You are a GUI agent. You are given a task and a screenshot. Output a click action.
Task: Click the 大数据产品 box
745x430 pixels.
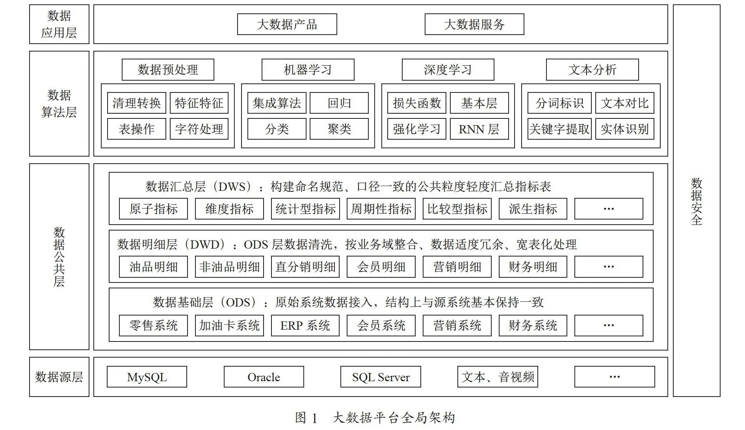pyautogui.click(x=287, y=24)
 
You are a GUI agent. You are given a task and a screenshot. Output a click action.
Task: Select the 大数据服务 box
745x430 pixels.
pyautogui.click(x=474, y=24)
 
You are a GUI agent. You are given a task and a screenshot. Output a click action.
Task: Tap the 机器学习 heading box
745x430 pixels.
pyautogui.click(x=308, y=70)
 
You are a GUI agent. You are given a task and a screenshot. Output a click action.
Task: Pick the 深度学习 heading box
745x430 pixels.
pyautogui.click(x=448, y=70)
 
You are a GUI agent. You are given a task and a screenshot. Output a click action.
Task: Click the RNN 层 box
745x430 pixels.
pyautogui.click(x=479, y=129)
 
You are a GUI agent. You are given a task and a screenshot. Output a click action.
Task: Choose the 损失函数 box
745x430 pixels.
pyautogui.click(x=416, y=103)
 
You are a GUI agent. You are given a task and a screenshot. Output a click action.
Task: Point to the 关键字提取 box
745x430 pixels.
pyautogui.click(x=559, y=129)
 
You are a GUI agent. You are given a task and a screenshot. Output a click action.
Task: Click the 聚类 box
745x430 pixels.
pyautogui.click(x=339, y=129)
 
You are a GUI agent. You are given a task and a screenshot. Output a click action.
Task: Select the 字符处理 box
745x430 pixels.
pyautogui.click(x=199, y=129)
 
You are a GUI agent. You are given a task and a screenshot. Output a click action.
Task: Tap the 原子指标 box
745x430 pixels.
pyautogui.click(x=153, y=209)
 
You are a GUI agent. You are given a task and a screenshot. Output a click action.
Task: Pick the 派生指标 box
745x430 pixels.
pyautogui.click(x=533, y=209)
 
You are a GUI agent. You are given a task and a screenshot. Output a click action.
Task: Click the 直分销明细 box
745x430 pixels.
pyautogui.click(x=305, y=267)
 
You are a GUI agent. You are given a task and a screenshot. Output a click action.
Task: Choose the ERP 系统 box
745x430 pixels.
pyautogui.click(x=305, y=325)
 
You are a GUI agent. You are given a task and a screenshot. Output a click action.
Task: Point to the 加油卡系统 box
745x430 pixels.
pyautogui.click(x=229, y=325)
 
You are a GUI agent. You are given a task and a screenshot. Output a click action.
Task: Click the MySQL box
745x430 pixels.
pyautogui.click(x=147, y=377)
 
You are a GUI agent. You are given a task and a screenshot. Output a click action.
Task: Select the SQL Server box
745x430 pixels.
pyautogui.click(x=381, y=377)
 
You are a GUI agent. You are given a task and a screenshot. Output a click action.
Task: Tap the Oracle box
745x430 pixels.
pyautogui.click(x=264, y=377)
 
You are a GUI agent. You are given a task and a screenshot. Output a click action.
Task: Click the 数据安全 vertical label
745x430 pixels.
pyautogui.click(x=697, y=201)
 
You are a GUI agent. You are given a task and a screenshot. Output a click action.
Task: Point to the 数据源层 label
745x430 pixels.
pyautogui.click(x=59, y=377)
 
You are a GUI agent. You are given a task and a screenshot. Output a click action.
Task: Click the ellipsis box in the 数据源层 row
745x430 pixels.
pyautogui.click(x=615, y=377)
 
